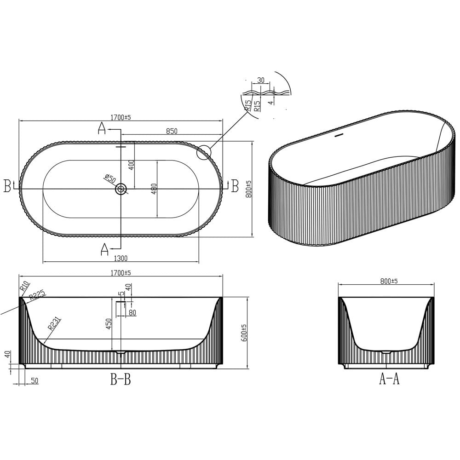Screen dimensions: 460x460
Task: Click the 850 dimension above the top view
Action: [x=171, y=131]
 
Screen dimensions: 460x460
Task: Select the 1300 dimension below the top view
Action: [x=121, y=258]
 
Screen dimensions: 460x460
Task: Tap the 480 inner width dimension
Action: [x=154, y=189]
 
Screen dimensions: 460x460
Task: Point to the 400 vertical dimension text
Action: [x=131, y=165]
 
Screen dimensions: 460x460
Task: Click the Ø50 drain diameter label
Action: [x=110, y=178]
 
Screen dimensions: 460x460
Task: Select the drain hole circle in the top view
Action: [x=121, y=189]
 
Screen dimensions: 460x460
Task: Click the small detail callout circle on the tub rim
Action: [x=203, y=152]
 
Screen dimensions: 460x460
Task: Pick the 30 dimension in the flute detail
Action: [x=261, y=80]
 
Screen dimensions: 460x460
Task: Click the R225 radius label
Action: [x=37, y=295]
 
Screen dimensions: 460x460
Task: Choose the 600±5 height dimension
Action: [x=244, y=333]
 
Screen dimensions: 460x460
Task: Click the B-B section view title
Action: [x=120, y=380]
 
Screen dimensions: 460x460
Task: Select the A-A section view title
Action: [x=389, y=380]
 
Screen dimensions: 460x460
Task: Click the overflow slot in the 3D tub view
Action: [x=339, y=136]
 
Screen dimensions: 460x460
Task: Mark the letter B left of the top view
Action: [x=7, y=186]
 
